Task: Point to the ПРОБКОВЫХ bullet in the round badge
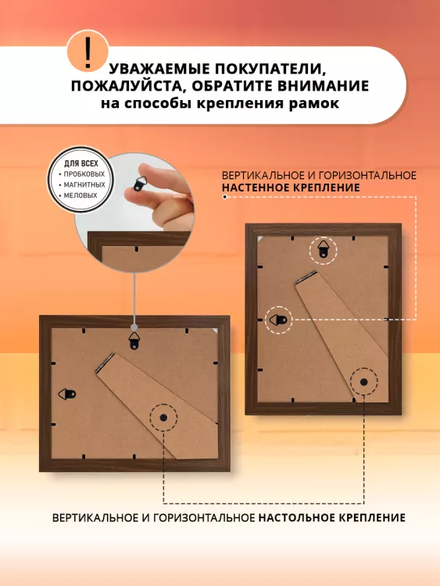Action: (x=84, y=174)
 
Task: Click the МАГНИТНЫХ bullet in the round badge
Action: (x=84, y=184)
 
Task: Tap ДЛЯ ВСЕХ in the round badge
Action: (x=81, y=163)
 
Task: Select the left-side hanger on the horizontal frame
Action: (x=67, y=394)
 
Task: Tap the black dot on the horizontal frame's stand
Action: (x=163, y=417)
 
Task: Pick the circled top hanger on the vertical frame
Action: (x=323, y=250)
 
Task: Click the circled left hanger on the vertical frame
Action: (x=278, y=320)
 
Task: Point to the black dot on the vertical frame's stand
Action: (x=363, y=382)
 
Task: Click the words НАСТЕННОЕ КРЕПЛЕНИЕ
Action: (x=291, y=188)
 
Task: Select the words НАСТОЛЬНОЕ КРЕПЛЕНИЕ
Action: (x=332, y=517)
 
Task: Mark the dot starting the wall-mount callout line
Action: (x=224, y=197)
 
